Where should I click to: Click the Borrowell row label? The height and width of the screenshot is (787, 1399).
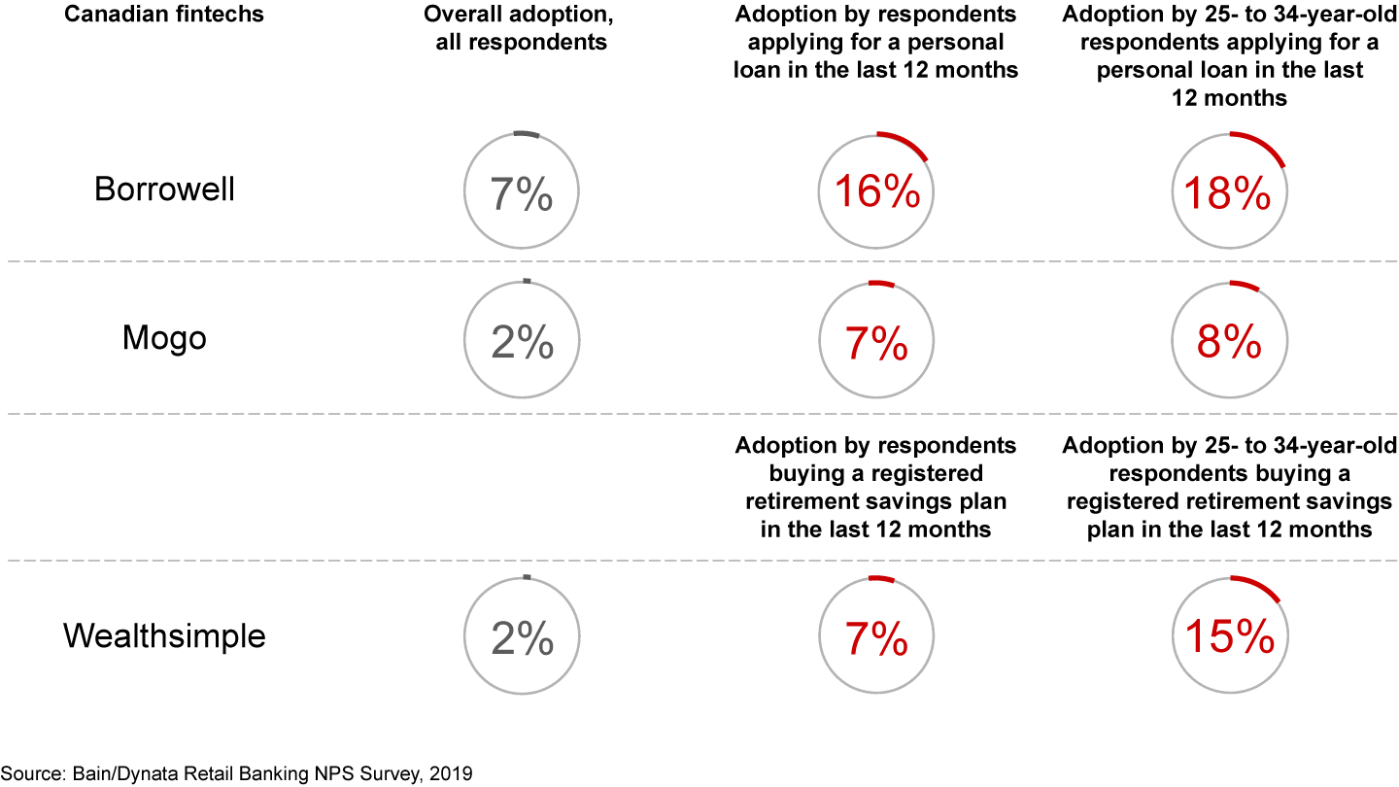[164, 188]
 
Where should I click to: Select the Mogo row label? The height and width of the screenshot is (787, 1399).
[164, 338]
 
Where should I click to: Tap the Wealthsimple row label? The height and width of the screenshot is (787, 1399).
[164, 636]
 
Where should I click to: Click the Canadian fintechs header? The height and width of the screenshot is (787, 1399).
[164, 16]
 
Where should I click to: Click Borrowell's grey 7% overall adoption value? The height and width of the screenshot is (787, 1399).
[522, 194]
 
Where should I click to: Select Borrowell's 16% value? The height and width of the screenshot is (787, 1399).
[877, 194]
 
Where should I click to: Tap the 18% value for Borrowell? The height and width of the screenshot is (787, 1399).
[1228, 194]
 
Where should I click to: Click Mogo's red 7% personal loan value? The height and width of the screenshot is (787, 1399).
[877, 344]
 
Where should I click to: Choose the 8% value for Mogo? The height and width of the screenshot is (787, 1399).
[1228, 344]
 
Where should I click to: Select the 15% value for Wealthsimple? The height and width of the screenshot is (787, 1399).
[1228, 638]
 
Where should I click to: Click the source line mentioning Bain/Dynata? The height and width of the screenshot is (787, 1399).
[236, 774]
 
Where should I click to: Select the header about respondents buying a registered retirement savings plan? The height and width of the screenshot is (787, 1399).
[876, 487]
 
